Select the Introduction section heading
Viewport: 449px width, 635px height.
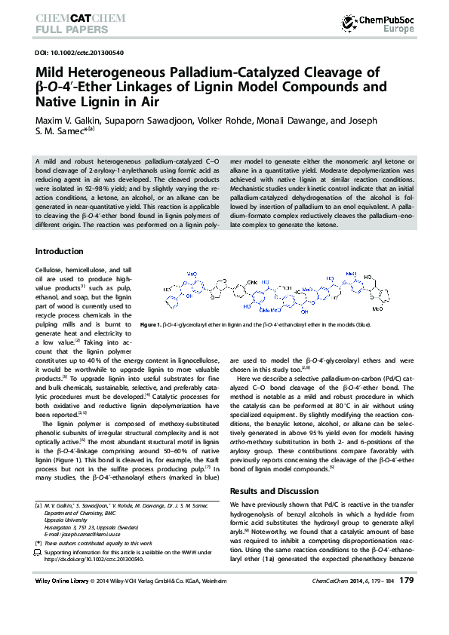click(x=60, y=251)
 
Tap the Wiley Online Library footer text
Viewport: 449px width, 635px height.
click(x=62, y=581)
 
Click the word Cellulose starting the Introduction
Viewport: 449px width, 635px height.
click(x=51, y=269)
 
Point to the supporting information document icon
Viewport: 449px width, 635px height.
click(x=38, y=553)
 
